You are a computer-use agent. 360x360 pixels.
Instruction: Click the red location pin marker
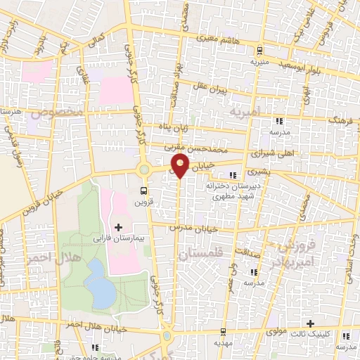[181, 166]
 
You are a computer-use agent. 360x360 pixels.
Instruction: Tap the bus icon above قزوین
[145, 191]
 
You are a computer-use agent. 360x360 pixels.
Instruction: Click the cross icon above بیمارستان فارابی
[117, 227]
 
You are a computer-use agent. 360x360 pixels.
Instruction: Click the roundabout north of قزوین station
[144, 169]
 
